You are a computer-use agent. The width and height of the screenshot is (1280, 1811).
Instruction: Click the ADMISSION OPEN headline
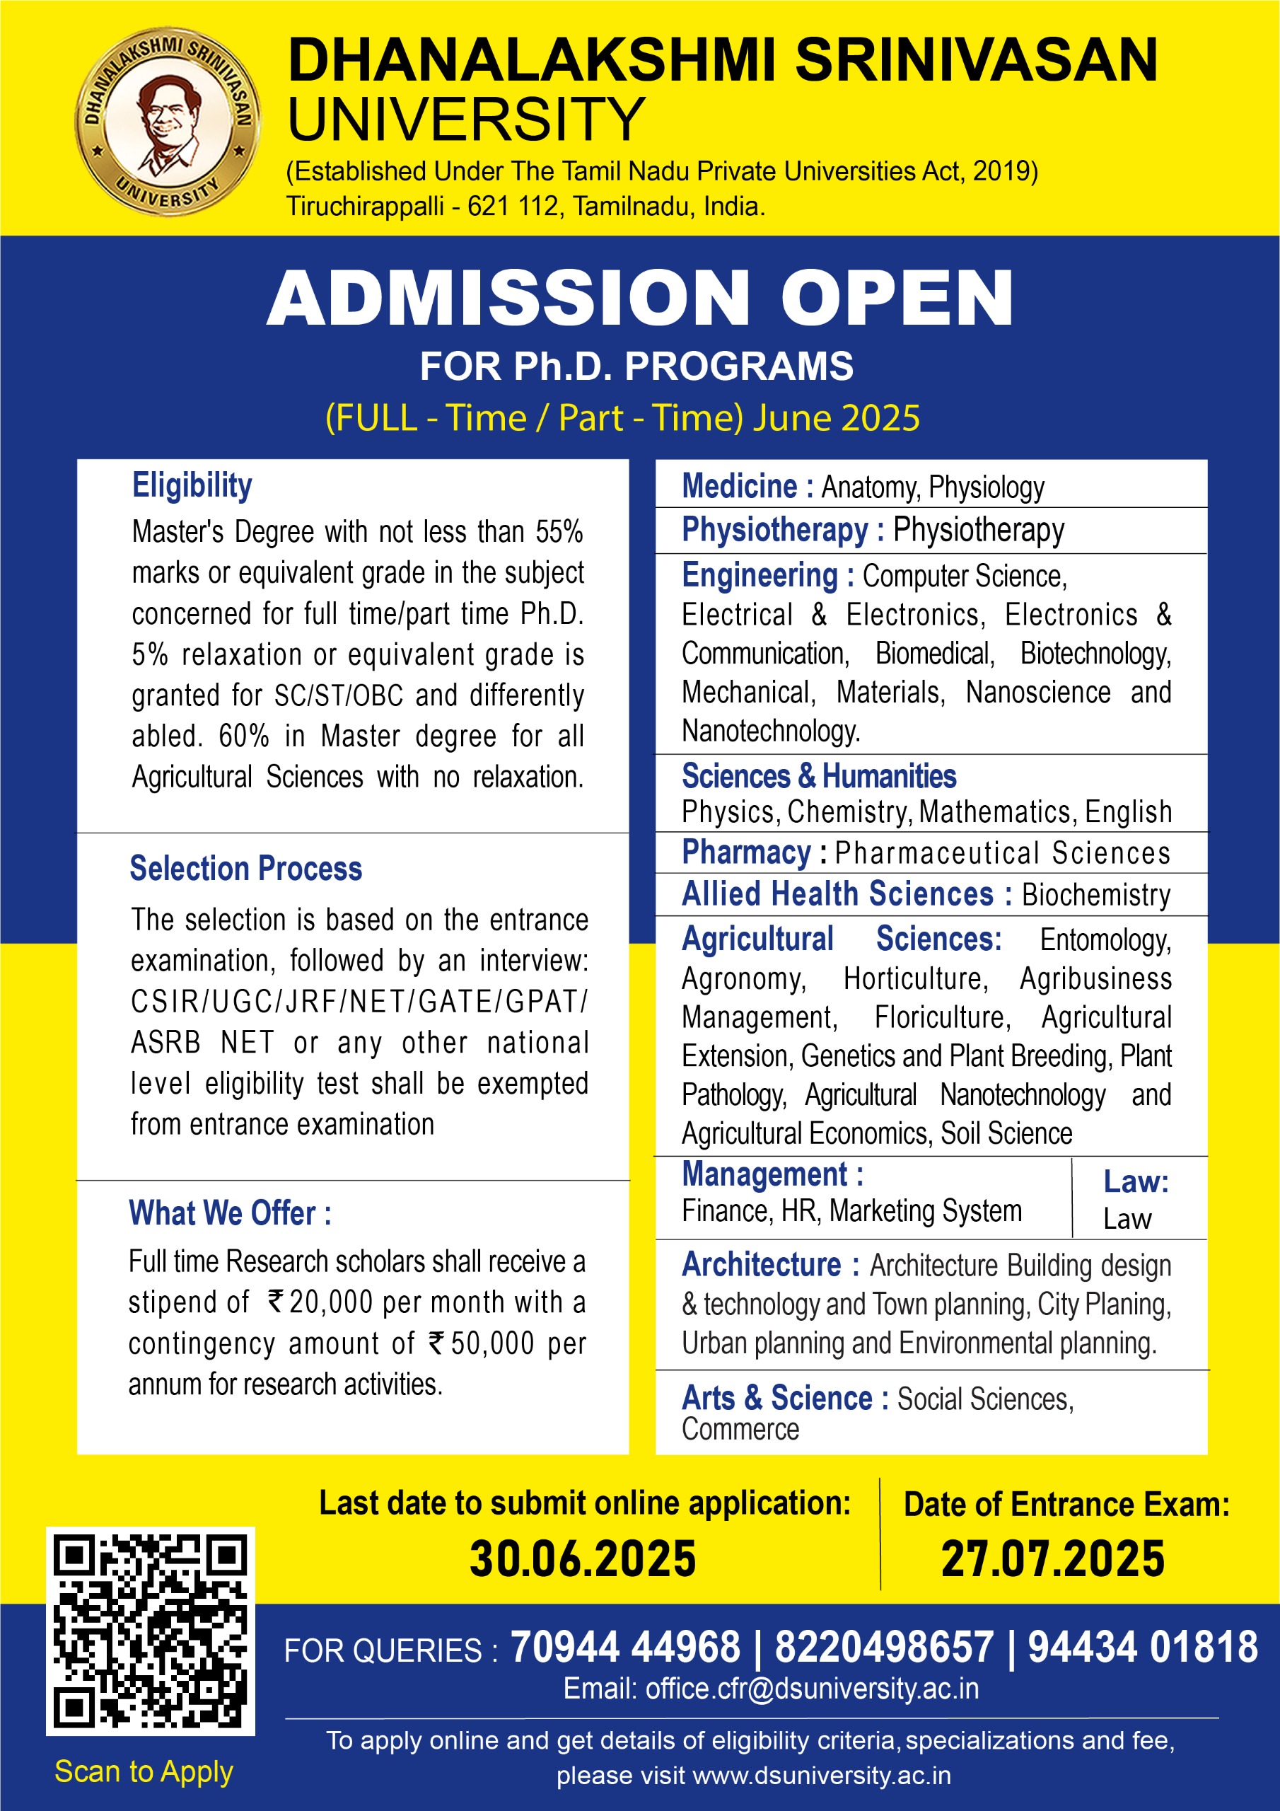click(x=639, y=297)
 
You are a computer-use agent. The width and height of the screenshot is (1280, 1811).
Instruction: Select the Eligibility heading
click(x=192, y=485)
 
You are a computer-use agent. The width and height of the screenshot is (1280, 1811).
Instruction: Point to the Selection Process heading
click(x=245, y=869)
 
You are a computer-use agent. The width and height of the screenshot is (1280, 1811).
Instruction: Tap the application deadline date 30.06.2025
click(x=583, y=1559)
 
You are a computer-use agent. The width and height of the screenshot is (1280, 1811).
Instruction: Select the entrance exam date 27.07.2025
click(x=1053, y=1559)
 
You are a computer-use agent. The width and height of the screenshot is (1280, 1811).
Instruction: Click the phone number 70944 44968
click(x=625, y=1648)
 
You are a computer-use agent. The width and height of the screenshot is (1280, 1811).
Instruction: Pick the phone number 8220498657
click(x=884, y=1648)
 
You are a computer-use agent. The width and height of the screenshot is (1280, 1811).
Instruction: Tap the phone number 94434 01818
click(x=1143, y=1648)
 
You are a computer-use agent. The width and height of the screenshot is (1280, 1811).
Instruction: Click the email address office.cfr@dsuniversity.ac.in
click(x=812, y=1689)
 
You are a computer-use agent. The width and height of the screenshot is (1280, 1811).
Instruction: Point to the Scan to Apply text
click(x=144, y=1771)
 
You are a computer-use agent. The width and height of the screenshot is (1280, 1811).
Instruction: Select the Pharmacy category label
click(x=746, y=852)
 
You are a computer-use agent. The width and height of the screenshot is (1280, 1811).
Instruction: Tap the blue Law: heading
click(x=1136, y=1181)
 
